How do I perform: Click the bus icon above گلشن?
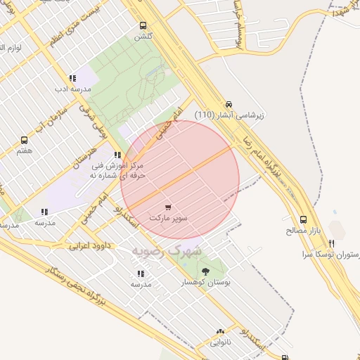pos(143,25)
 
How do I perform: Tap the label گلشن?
pos(143,36)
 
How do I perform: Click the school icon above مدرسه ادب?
pos(72,79)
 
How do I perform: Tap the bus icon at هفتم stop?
pos(25,141)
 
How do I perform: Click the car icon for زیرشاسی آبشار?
pos(229,103)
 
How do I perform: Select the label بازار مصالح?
pos(303,231)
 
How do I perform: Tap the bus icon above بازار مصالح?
pos(303,219)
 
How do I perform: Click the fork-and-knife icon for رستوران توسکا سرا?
pos(331,243)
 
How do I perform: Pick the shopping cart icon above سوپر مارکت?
pos(168,207)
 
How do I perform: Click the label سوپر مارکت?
pos(168,219)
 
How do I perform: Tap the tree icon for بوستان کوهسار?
pos(205,271)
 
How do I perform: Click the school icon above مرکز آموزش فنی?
pos(117,155)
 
